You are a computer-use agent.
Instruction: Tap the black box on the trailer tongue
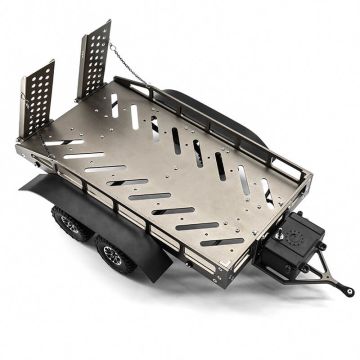(x=299, y=245)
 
